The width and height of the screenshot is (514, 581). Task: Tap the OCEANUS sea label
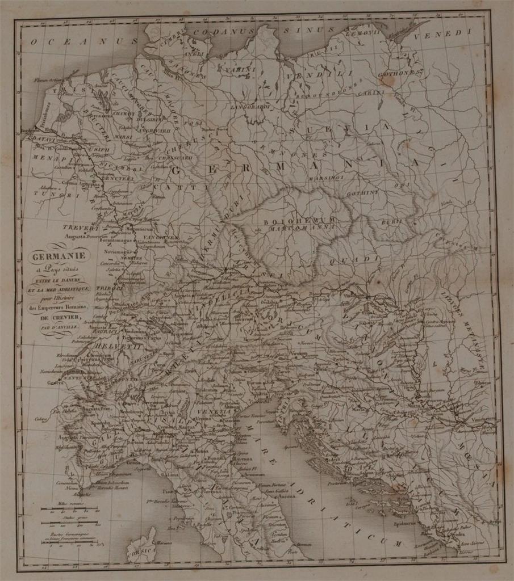click(x=85, y=41)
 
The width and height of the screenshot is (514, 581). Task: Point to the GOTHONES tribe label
click(x=401, y=74)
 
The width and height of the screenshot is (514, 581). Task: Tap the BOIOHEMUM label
click(x=300, y=220)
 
